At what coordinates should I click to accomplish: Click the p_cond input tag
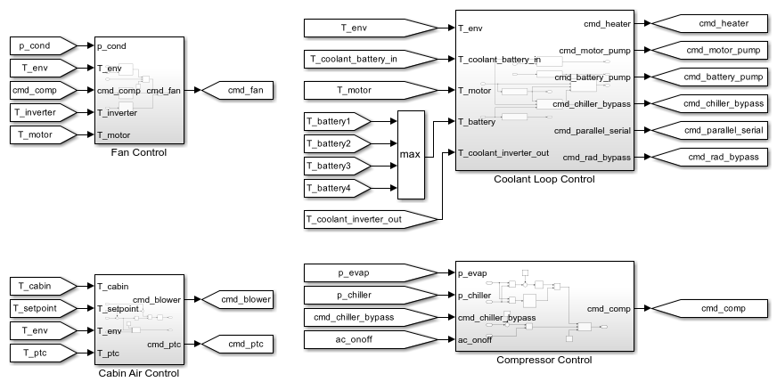click(37, 45)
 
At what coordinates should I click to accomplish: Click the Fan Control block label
click(138, 152)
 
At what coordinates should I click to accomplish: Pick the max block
click(411, 154)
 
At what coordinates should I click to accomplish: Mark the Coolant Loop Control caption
click(544, 180)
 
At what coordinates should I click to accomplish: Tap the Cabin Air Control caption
click(138, 374)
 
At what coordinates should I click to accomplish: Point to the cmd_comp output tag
click(720, 309)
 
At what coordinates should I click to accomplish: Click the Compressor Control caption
click(544, 361)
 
